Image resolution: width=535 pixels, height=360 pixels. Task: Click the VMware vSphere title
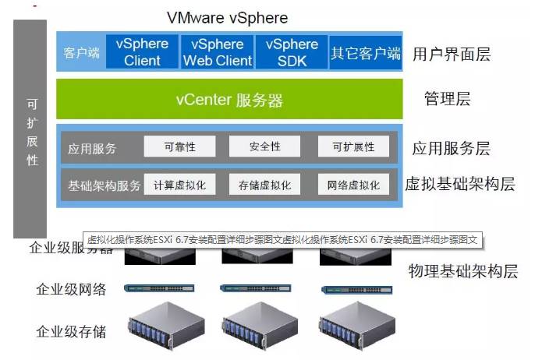227,16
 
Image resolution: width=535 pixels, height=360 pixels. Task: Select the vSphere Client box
143,52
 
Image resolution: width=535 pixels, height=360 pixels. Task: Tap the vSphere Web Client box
217,52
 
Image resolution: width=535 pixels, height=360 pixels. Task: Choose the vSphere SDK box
292,52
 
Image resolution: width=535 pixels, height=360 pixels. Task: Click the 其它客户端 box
365,53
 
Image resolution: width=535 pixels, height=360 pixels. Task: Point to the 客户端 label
81,53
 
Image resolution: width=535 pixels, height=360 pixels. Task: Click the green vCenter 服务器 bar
229,100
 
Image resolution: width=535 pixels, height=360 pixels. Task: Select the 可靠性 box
179,146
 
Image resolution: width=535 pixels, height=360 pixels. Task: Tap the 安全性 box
264,146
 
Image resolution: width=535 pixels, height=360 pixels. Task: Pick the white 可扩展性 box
353,146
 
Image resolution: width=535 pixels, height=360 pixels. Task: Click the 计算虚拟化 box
179,185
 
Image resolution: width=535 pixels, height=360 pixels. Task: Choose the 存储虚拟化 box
264,185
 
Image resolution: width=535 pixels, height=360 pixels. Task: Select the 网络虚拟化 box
353,185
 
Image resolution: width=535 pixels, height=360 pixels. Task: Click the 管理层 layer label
447,100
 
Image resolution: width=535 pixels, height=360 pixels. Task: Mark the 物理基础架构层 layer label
463,271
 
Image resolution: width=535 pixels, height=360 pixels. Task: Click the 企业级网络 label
71,290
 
